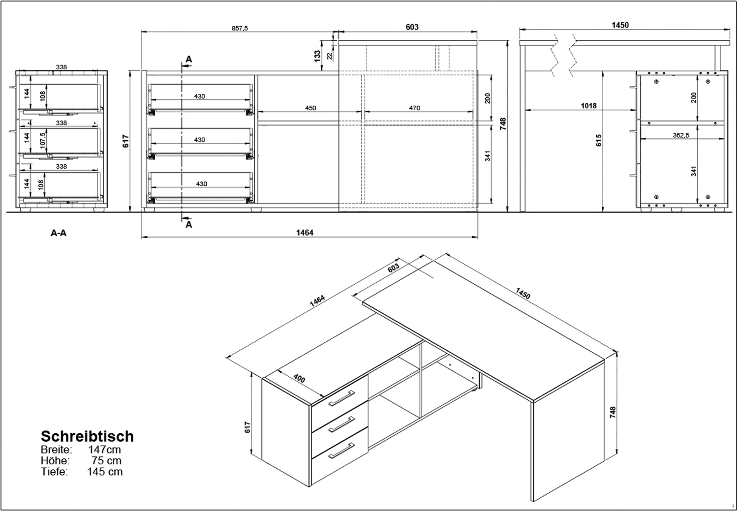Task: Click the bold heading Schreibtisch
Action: [x=87, y=436]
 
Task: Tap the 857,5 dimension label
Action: [x=240, y=29]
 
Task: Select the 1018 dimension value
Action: [x=588, y=106]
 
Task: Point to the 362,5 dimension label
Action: [x=680, y=135]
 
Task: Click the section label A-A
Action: [x=59, y=233]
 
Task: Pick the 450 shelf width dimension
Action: [x=310, y=108]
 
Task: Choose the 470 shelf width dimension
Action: [x=414, y=108]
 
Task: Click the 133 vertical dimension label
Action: [x=317, y=56]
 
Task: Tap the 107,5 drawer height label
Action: [x=42, y=141]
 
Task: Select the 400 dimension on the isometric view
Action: [x=299, y=379]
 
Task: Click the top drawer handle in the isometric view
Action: [x=341, y=398]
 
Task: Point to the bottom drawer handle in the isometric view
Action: [x=341, y=451]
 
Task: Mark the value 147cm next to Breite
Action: [x=104, y=450]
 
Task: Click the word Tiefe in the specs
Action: [x=54, y=472]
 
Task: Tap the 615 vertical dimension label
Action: [x=599, y=140]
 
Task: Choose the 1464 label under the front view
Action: [x=305, y=233]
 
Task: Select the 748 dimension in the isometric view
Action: [x=613, y=412]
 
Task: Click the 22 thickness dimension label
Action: [x=330, y=56]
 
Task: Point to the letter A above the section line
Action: [x=189, y=60]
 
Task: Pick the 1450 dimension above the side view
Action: [x=620, y=25]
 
